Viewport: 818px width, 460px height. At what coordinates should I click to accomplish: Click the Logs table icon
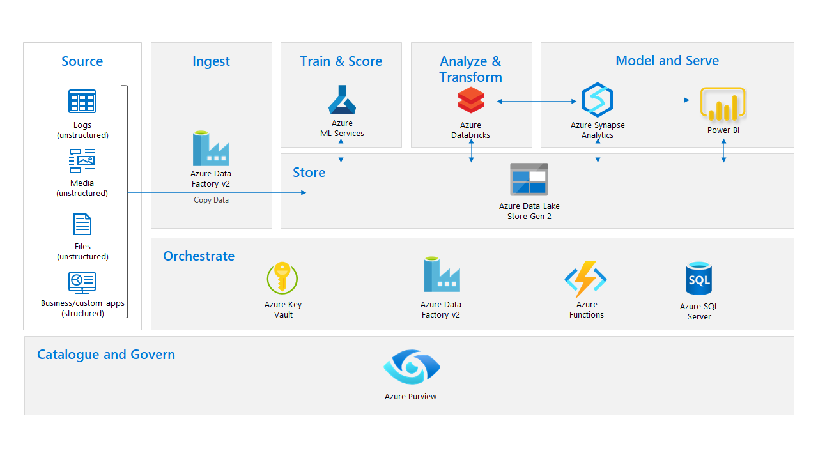82,102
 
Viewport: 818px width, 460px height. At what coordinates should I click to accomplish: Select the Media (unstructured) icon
82,161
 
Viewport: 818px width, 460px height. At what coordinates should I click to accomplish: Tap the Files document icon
82,224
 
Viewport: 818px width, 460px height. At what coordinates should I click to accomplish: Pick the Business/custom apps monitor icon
82,282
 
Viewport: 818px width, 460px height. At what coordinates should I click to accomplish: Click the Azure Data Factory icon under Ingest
211,148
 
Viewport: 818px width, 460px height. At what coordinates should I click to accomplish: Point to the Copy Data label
211,200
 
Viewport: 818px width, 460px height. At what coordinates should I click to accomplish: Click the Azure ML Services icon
342,100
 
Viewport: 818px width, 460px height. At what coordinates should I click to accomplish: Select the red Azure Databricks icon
471,100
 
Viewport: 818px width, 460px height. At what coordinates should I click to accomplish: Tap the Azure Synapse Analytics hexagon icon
598,100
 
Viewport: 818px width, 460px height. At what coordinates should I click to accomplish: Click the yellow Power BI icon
723,104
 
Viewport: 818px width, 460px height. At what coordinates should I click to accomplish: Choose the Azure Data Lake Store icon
529,179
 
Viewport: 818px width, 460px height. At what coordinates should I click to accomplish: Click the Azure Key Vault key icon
282,278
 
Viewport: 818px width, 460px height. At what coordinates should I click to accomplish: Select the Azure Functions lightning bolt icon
585,279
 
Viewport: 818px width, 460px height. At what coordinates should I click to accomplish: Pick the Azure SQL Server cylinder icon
698,279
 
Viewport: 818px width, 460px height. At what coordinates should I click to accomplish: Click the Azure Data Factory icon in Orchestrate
441,275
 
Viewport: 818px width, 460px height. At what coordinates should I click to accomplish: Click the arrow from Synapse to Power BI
659,100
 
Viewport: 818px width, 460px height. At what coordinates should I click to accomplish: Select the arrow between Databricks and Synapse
537,101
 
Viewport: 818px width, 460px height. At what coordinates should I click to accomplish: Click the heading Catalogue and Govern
106,355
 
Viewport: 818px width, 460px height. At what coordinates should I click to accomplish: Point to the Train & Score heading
341,61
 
